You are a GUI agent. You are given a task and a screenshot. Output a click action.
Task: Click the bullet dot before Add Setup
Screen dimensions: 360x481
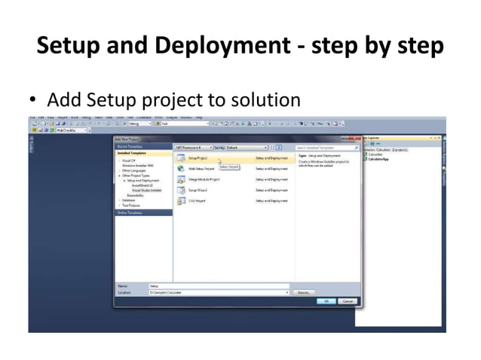pos(32,100)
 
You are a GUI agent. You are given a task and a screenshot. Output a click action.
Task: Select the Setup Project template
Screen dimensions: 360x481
pos(198,159)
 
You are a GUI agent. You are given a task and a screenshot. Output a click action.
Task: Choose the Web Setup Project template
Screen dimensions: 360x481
pos(201,169)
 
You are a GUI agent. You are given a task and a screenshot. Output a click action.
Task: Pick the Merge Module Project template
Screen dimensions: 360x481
pos(204,180)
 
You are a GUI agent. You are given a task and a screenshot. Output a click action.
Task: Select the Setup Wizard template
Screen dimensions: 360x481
pos(198,191)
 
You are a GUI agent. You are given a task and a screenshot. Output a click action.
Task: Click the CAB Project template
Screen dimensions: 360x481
pos(197,201)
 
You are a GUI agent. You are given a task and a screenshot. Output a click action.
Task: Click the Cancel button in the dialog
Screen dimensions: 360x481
pos(348,301)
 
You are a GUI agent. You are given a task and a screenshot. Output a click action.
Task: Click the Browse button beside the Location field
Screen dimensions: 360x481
pos(303,291)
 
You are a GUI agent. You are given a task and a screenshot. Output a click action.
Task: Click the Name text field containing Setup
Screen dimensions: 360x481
pos(219,286)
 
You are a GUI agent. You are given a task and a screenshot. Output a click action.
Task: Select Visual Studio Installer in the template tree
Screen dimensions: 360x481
pos(147,191)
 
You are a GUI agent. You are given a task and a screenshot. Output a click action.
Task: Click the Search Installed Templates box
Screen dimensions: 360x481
pos(326,148)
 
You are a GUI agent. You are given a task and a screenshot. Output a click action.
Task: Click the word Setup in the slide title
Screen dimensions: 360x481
pos(66,46)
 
